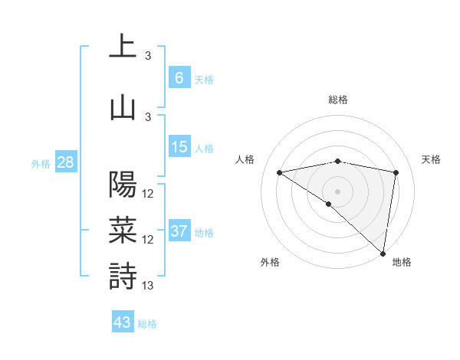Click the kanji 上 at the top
(123, 46)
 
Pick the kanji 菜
(123, 230)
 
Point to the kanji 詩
(123, 276)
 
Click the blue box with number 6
(179, 77)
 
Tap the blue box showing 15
(179, 147)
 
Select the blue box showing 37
(179, 231)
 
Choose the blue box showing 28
(65, 162)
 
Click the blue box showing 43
(122, 322)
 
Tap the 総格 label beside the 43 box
(147, 324)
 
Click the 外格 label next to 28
(41, 163)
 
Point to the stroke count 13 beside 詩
(148, 286)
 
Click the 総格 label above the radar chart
(337, 100)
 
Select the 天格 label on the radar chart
(431, 159)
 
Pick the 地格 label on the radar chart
(402, 262)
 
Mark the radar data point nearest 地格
(383, 253)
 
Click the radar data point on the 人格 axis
(280, 172)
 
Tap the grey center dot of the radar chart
(337, 190)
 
